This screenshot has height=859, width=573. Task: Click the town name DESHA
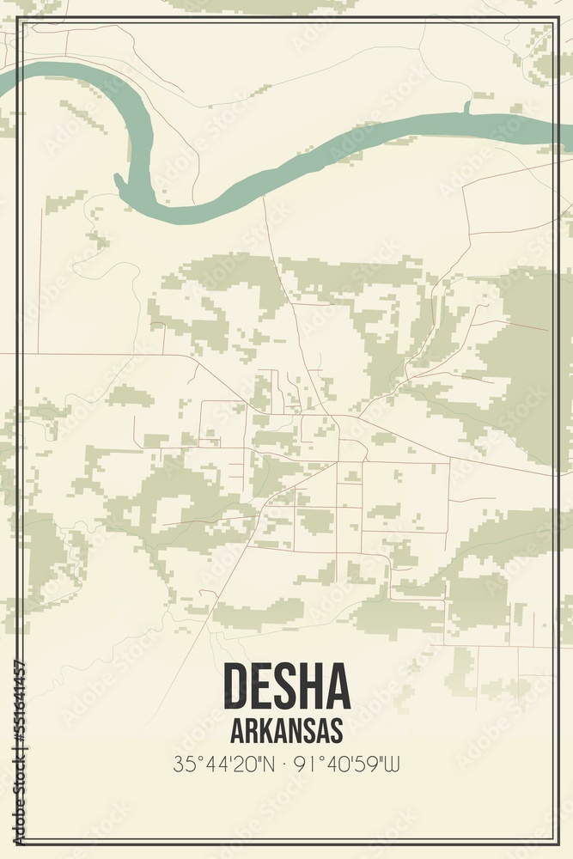(x=287, y=685)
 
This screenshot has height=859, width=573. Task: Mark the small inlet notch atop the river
(x=467, y=107)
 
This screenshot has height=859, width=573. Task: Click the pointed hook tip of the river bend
(x=119, y=177)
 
